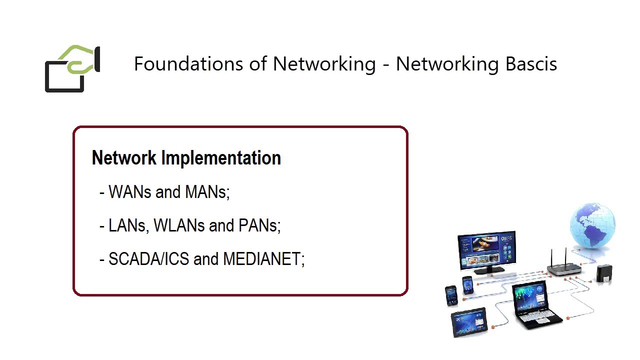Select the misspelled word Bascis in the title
pos(530,64)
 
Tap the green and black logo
pos(73,69)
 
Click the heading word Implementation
pos(220,158)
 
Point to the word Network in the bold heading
pos(124,158)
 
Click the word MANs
pos(206,192)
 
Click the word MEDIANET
pos(263,259)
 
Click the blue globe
pos(592,225)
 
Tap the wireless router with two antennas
pos(564,269)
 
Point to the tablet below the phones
pos(469,321)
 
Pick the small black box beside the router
pos(604,274)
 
